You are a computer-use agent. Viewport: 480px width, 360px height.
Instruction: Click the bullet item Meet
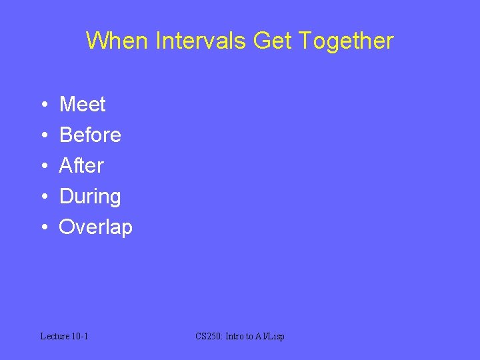pyautogui.click(x=83, y=104)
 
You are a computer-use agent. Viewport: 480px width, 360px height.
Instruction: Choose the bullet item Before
pyautogui.click(x=90, y=135)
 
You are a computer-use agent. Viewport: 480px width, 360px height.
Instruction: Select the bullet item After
pyautogui.click(x=81, y=165)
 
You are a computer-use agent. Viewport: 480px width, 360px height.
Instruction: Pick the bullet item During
pyautogui.click(x=90, y=197)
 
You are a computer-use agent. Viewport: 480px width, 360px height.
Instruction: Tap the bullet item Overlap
pyautogui.click(x=96, y=227)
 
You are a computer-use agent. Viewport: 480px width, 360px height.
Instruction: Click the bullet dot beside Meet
pyautogui.click(x=43, y=105)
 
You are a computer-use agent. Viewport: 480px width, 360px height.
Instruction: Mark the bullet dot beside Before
pyautogui.click(x=43, y=135)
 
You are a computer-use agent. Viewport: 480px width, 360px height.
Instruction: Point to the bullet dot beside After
pyautogui.click(x=43, y=166)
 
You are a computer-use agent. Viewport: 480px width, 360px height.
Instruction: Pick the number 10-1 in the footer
pyautogui.click(x=81, y=336)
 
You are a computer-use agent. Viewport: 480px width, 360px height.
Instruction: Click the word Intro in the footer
pyautogui.click(x=235, y=336)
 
